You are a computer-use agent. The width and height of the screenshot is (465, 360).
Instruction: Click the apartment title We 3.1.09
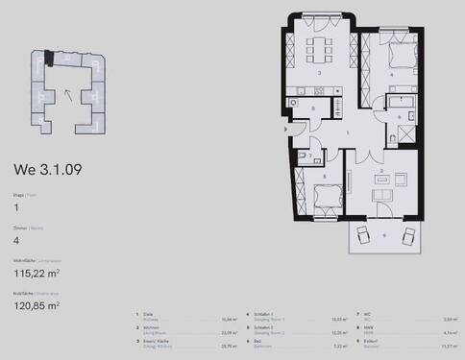46,171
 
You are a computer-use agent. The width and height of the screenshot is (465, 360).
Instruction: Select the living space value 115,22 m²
36,272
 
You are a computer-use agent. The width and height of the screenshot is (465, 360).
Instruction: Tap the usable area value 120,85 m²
36,305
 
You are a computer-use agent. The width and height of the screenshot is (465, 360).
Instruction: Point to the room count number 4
15,241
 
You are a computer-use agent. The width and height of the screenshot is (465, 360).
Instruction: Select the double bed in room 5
325,195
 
